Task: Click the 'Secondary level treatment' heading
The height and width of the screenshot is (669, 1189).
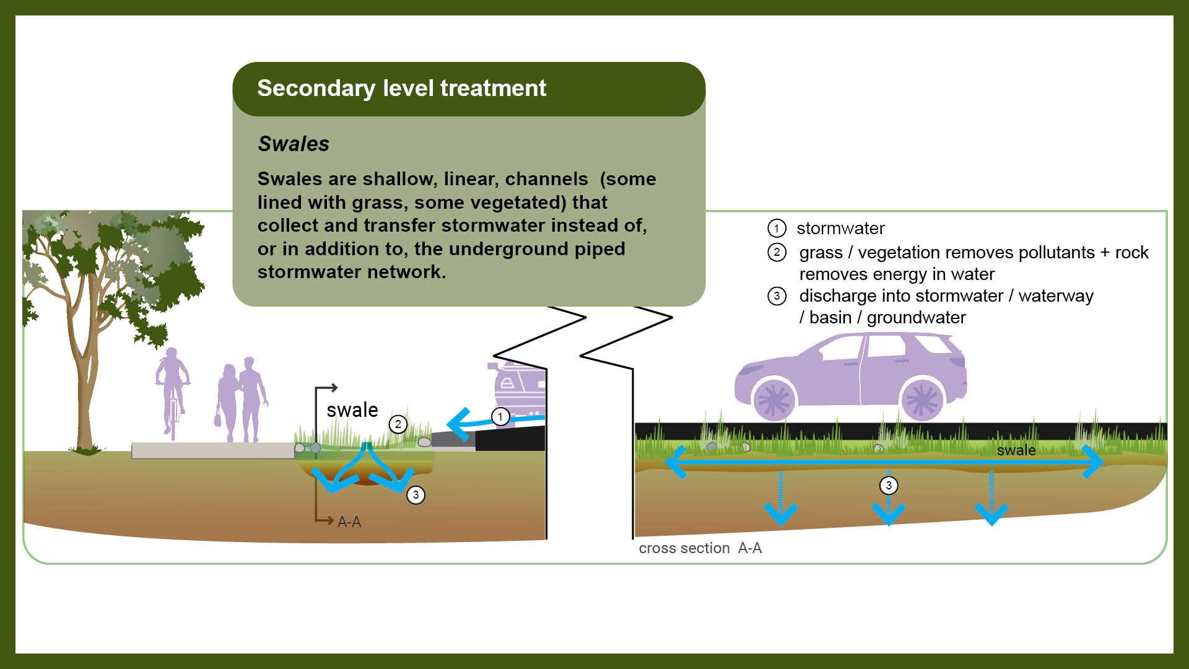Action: click(401, 89)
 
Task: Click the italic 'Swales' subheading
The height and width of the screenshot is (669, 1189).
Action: click(294, 144)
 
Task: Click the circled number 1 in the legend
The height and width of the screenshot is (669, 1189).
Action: click(777, 228)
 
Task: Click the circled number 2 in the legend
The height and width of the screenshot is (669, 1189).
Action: click(777, 252)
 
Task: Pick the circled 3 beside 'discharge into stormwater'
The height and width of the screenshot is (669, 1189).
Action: click(777, 295)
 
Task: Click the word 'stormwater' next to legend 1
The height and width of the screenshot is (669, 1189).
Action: click(840, 229)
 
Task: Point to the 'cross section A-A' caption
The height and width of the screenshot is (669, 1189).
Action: click(700, 548)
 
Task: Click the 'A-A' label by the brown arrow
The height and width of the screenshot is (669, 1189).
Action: click(349, 522)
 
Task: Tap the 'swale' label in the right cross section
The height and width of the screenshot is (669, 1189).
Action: click(1016, 450)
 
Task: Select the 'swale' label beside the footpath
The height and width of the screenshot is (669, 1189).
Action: click(352, 410)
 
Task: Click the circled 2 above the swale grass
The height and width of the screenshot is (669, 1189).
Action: click(398, 424)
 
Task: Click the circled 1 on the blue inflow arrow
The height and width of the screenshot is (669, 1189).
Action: click(500, 417)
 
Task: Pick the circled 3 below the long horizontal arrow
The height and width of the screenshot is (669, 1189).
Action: click(889, 485)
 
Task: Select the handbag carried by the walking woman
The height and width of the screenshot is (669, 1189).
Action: click(218, 419)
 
